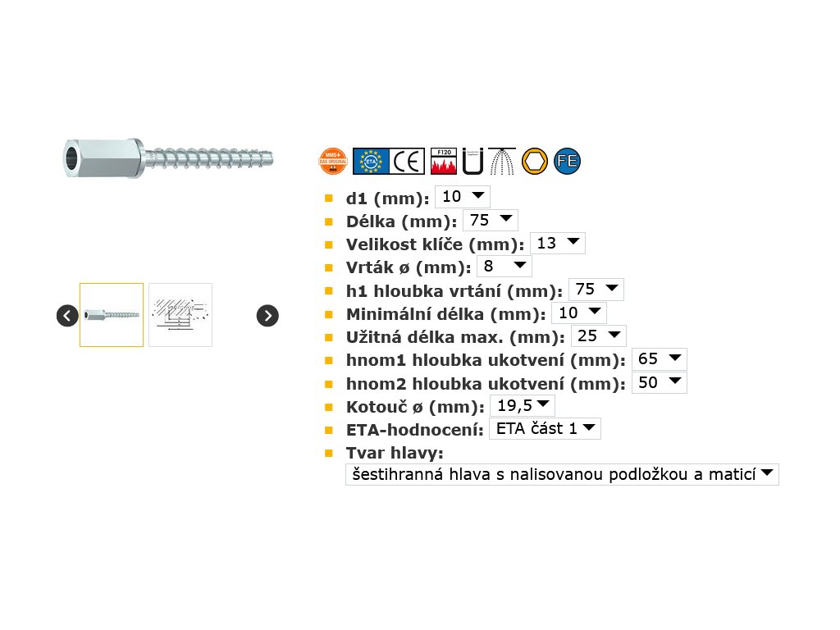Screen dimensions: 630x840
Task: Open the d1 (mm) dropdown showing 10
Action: coord(462,197)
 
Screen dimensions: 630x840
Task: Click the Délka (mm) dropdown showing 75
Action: coord(490,220)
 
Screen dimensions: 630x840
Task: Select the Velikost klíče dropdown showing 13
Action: coord(557,243)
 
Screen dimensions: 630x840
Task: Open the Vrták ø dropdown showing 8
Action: coord(504,266)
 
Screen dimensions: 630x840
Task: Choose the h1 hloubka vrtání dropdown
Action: coord(596,290)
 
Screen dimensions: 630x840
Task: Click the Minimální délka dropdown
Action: coord(578,313)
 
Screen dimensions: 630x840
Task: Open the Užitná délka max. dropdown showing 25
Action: coord(598,336)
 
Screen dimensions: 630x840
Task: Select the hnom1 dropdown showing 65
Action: coord(659,359)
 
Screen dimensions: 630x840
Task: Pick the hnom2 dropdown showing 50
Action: coord(659,382)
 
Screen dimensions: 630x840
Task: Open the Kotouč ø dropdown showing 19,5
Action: coord(522,405)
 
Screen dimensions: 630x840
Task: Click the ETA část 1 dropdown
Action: coord(545,428)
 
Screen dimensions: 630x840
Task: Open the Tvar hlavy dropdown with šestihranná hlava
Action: coord(562,474)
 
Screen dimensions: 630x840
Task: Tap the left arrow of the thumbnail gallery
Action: coord(67,315)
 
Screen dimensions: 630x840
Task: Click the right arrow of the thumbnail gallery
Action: coord(267,315)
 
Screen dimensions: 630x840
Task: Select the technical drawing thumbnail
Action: coord(180,315)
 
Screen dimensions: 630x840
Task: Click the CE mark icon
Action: coord(407,161)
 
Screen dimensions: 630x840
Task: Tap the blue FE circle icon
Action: coord(567,161)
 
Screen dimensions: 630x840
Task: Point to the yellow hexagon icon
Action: coord(534,161)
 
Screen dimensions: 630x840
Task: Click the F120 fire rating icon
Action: coord(444,161)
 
